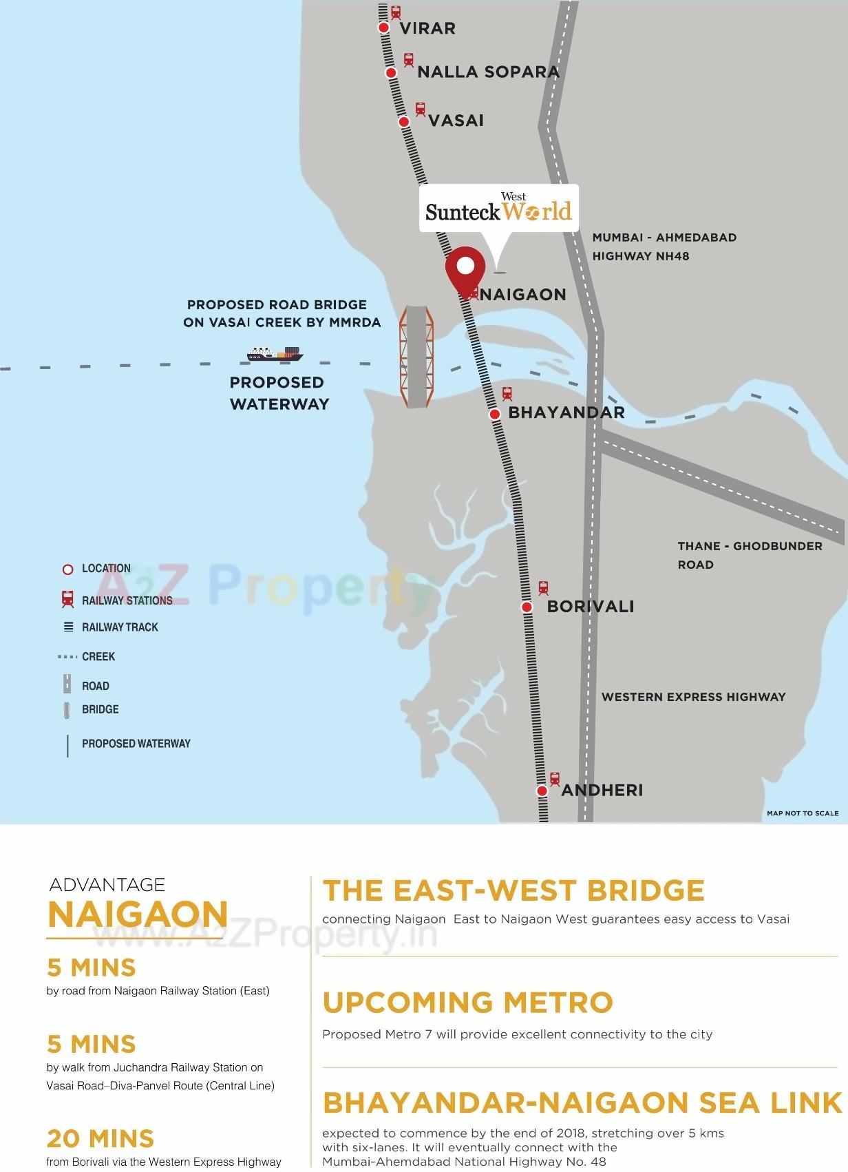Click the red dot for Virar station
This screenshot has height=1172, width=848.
(384, 28)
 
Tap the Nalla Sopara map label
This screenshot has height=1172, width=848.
(488, 72)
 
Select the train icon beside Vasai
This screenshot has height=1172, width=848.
(420, 109)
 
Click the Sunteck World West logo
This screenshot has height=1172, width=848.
(498, 208)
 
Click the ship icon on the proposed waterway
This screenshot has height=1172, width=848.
(275, 354)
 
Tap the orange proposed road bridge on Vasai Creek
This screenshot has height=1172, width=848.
(416, 357)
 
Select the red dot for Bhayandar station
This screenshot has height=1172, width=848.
(494, 414)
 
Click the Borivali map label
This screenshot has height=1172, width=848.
(590, 607)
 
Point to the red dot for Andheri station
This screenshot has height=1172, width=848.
(542, 791)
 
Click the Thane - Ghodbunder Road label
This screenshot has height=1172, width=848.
(750, 555)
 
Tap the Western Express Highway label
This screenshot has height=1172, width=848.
(693, 697)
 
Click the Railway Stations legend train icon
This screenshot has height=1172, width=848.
(67, 599)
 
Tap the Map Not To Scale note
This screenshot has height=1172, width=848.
(803, 813)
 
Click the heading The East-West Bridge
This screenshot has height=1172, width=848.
(513, 890)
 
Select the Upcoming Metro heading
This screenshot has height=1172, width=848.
(467, 1003)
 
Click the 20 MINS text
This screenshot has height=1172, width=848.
(100, 1139)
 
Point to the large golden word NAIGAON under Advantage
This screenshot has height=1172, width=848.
(138, 914)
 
